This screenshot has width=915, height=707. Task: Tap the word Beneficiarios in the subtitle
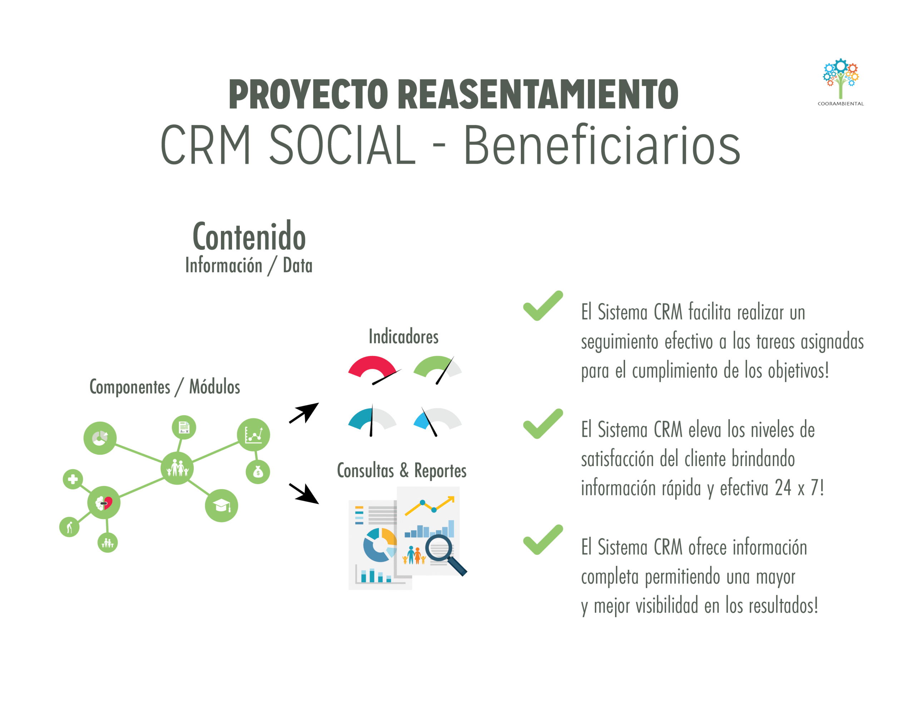602,145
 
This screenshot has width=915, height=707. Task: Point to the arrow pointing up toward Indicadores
305,413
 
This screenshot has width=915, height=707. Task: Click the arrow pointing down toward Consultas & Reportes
305,493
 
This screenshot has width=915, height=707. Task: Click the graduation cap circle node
221,505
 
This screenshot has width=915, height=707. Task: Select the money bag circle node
258,472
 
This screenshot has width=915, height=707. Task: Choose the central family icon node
177,468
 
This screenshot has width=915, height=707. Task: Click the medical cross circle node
73,479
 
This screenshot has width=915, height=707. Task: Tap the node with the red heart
104,503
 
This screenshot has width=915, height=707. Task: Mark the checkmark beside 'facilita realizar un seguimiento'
543,306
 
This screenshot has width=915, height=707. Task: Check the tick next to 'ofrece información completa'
543,540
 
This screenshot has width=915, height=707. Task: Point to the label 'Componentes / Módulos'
165,387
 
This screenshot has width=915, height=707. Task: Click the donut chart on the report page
380,544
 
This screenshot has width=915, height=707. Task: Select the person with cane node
70,527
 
